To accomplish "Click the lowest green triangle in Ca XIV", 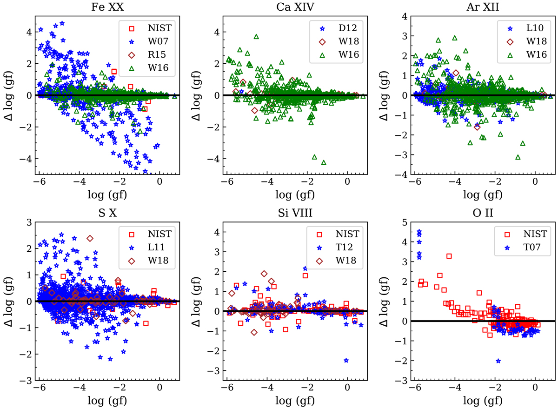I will (324, 162).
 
